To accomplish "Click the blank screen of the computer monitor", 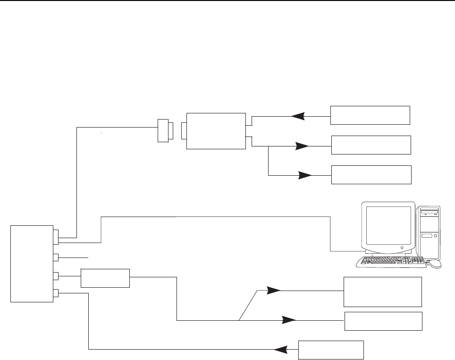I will [x=388, y=225].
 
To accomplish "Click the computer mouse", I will [x=436, y=264].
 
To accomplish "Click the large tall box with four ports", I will [x=32, y=264].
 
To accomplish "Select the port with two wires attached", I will [x=56, y=236].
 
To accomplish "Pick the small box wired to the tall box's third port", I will [x=105, y=278].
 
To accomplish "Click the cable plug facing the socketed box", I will [x=164, y=130].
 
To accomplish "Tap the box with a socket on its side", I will [x=216, y=131].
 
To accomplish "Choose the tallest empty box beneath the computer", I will [x=383, y=292].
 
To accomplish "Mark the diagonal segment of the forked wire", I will [x=249, y=305].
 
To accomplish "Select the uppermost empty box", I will [x=370, y=115].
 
